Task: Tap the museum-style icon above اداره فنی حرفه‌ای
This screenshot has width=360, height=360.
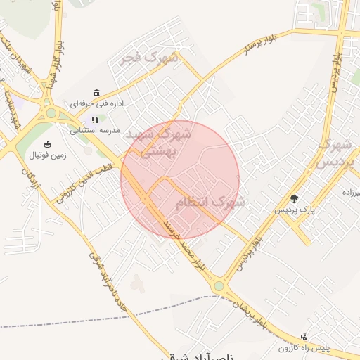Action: click(x=96, y=93)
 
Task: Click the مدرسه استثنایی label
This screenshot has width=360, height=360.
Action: click(x=95, y=130)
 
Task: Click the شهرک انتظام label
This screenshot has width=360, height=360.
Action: click(x=210, y=202)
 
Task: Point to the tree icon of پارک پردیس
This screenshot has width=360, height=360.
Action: click(x=295, y=198)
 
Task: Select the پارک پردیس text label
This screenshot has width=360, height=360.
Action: click(x=295, y=209)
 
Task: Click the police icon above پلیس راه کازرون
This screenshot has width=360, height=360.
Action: click(x=304, y=337)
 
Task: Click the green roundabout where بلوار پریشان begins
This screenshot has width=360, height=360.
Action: click(x=219, y=286)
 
